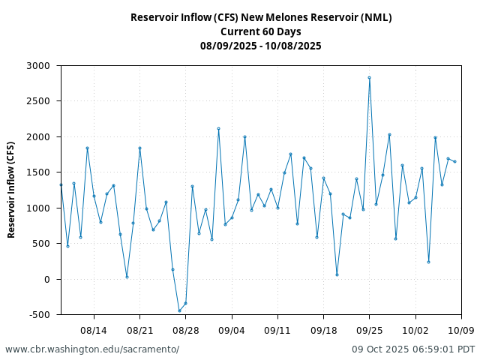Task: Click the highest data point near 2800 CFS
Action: click(x=369, y=77)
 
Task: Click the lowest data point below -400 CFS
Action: click(x=179, y=310)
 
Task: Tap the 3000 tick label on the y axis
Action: click(x=38, y=66)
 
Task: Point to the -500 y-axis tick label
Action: click(x=38, y=315)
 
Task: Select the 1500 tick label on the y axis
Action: click(x=38, y=172)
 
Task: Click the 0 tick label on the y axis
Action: click(x=46, y=280)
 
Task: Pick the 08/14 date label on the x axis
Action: click(x=94, y=330)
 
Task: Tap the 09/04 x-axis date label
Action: click(x=232, y=330)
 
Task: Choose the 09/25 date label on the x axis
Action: click(x=369, y=330)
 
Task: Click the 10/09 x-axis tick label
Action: click(x=461, y=330)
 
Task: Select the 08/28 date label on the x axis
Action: click(x=186, y=330)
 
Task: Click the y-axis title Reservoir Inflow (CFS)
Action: click(x=11, y=190)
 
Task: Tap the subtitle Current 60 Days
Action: click(x=261, y=31)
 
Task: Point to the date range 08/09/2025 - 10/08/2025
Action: click(x=261, y=46)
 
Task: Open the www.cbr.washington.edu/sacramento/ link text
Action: click(x=92, y=349)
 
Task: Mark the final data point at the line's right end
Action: click(x=454, y=161)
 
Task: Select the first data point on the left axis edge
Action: click(x=61, y=184)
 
